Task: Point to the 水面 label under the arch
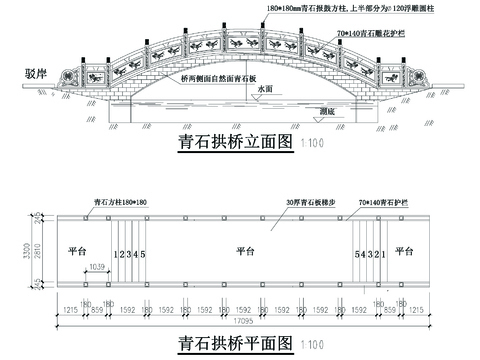[x=263, y=89]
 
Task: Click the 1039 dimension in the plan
[x=97, y=267]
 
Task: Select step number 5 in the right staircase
[x=357, y=254]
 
